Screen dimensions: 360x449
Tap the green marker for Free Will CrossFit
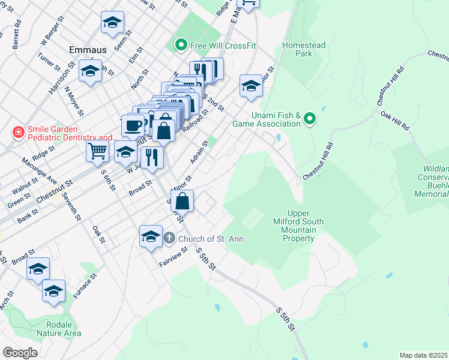(180, 45)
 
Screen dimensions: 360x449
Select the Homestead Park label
(304, 49)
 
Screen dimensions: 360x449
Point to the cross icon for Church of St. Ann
(169, 239)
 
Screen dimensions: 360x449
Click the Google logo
(20, 353)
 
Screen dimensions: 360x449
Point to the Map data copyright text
(423, 355)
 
